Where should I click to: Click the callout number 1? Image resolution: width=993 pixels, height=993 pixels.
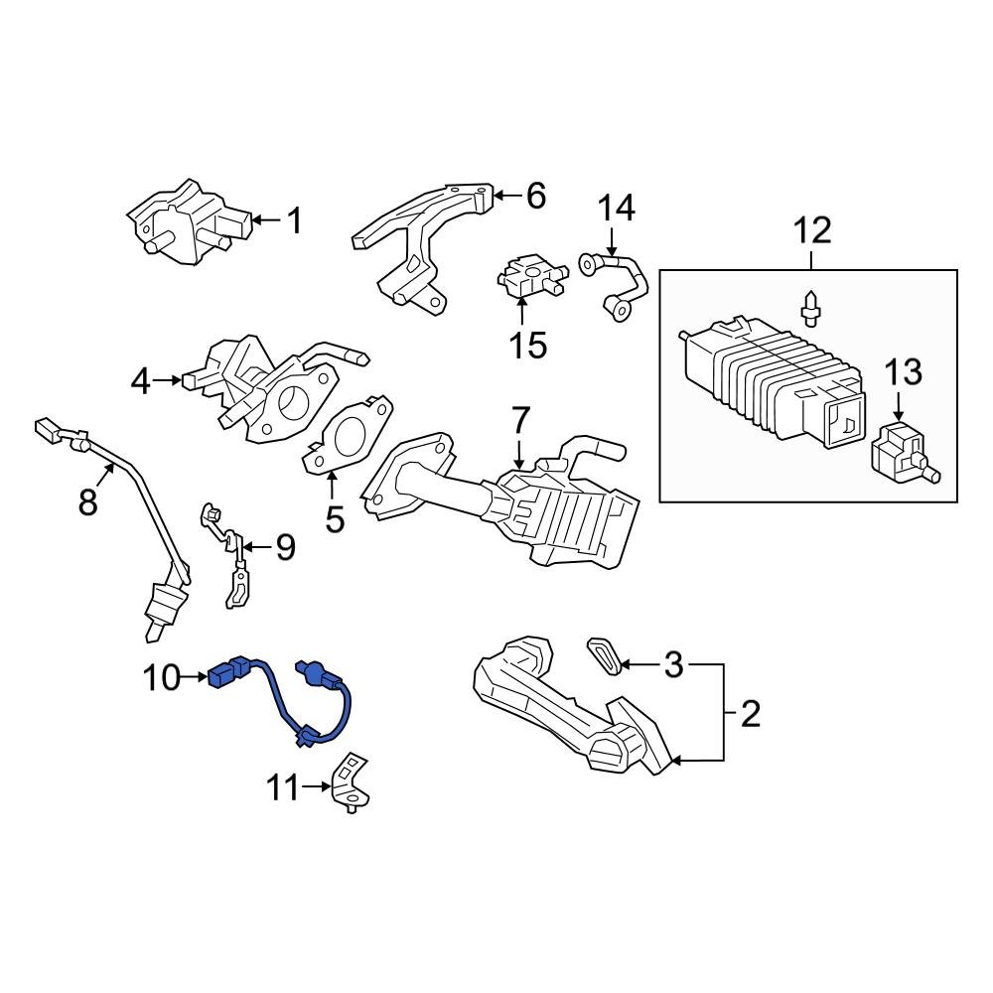(x=294, y=220)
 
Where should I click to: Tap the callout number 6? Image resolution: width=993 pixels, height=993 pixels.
(x=535, y=196)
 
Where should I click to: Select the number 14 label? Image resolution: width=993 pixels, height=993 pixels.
(x=616, y=210)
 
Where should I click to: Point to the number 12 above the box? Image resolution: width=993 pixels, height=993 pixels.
(x=811, y=231)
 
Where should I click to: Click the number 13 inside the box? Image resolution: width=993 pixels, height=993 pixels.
(x=904, y=374)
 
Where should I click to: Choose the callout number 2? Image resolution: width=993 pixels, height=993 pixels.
(x=750, y=713)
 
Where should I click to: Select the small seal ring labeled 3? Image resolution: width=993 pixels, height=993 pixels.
(x=604, y=654)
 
